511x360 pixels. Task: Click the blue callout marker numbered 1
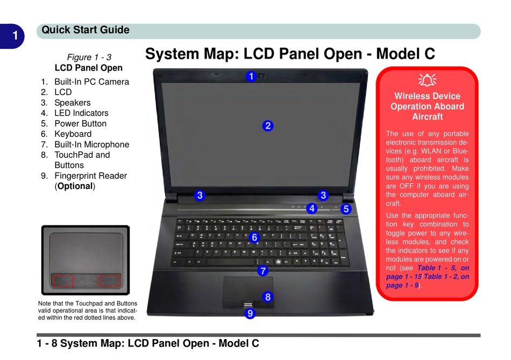(x=251, y=76)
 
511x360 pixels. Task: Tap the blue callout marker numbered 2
(x=268, y=126)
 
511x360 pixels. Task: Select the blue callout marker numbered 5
(x=346, y=208)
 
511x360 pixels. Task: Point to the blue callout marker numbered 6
(x=254, y=237)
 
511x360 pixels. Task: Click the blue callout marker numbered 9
(x=249, y=313)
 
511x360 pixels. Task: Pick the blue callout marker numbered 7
(x=262, y=271)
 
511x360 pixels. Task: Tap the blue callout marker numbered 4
(x=311, y=208)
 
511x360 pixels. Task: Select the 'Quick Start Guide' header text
(x=86, y=30)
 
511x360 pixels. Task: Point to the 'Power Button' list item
(x=80, y=123)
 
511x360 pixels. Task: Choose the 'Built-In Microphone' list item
(x=91, y=144)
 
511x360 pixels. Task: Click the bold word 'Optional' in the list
(x=75, y=186)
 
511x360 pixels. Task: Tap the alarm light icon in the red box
(x=427, y=81)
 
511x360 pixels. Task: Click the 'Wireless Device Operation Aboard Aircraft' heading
(x=427, y=106)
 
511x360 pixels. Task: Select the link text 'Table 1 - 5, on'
(x=443, y=267)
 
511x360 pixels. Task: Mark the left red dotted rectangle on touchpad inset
(x=63, y=280)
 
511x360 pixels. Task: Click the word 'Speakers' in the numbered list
(x=72, y=102)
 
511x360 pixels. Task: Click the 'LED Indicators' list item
(x=81, y=113)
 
